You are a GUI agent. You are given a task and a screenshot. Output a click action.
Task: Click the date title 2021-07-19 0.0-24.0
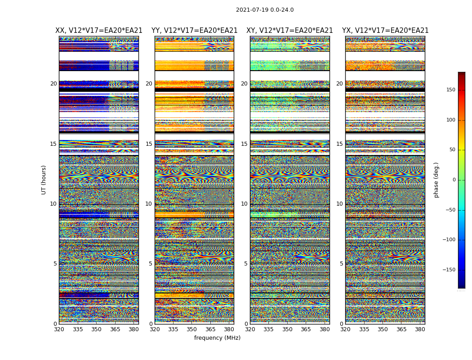265,10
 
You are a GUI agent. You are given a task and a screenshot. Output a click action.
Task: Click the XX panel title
99,31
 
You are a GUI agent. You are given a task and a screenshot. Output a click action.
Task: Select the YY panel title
194,31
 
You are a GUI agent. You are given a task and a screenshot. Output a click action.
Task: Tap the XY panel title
289,31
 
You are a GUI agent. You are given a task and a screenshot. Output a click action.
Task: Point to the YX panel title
385,31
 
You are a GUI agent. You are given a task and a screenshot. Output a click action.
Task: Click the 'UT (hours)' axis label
44,180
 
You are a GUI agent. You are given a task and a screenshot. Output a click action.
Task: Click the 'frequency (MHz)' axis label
217,338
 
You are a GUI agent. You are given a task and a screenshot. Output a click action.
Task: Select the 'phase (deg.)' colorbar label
436,180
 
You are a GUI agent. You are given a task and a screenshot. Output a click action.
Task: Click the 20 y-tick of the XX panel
53,84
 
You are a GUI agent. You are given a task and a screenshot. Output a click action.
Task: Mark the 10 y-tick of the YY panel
149,204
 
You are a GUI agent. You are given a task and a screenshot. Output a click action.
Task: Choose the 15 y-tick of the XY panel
244,144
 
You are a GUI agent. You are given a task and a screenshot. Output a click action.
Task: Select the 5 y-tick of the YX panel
341,264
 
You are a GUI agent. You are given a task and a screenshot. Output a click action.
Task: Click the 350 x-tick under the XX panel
96,329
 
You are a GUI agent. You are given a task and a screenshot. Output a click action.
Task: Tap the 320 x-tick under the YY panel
155,329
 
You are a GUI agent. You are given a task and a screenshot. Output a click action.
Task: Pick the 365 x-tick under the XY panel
306,329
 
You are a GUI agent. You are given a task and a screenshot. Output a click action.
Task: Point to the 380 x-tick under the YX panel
420,329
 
